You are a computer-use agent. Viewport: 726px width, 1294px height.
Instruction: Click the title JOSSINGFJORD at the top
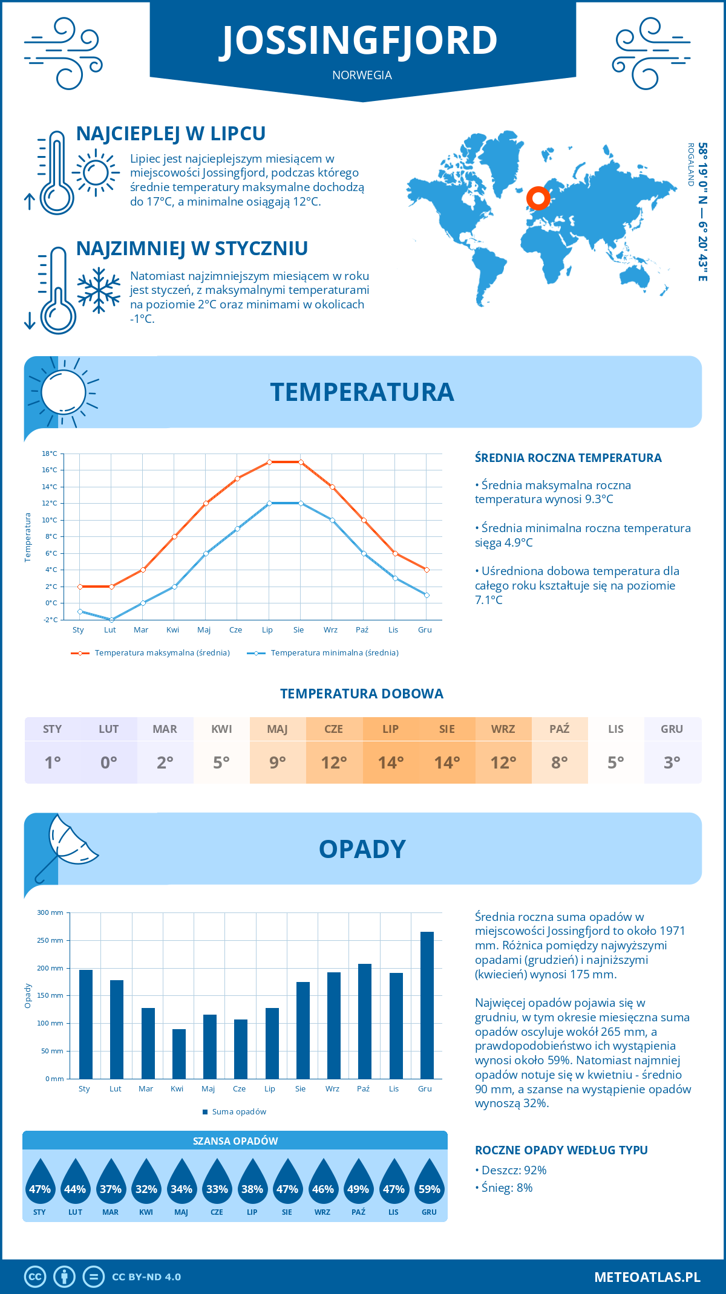click(359, 41)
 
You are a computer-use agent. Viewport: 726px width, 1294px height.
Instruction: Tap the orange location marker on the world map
click(538, 198)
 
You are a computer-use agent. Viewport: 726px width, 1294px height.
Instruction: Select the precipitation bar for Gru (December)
click(427, 1005)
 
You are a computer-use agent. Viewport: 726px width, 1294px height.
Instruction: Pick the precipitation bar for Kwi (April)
click(178, 1054)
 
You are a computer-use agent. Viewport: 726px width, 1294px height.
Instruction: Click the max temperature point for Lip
click(269, 462)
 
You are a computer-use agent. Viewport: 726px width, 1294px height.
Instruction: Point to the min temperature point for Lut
click(111, 620)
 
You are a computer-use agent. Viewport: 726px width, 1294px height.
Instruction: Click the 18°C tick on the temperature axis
click(50, 454)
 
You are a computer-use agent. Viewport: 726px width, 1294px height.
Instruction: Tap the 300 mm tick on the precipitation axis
click(51, 912)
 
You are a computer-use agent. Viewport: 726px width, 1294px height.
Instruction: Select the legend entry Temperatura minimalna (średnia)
click(324, 653)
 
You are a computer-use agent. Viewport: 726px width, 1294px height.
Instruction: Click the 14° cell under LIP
click(390, 762)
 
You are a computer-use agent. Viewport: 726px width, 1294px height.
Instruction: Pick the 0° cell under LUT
click(109, 762)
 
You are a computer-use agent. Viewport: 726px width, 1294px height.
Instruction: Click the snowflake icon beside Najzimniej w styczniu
click(99, 290)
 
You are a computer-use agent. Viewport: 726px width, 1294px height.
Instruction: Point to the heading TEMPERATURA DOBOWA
click(362, 694)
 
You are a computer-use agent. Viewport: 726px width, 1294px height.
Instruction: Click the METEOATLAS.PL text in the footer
click(647, 1277)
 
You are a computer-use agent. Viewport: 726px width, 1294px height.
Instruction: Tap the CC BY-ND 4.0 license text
click(146, 1277)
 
